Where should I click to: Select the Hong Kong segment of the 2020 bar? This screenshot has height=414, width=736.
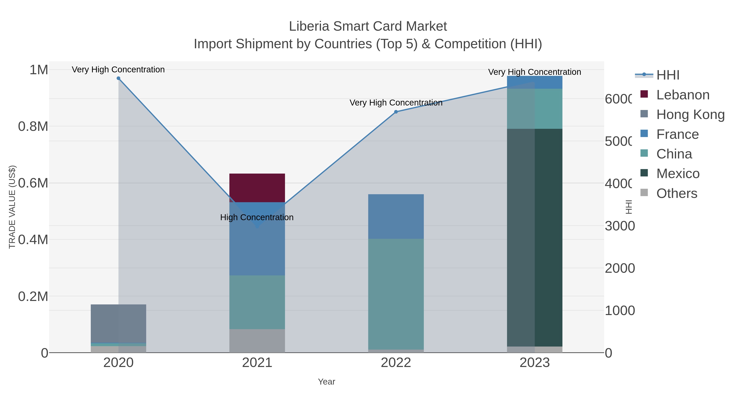(x=118, y=323)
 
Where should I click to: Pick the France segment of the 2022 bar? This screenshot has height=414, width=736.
(x=396, y=216)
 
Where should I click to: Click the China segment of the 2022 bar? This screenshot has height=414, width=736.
(x=396, y=294)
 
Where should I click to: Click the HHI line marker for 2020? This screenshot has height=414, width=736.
(x=118, y=78)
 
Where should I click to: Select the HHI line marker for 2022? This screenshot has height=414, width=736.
(x=396, y=112)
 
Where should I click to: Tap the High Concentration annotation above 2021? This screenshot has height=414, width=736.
(x=257, y=218)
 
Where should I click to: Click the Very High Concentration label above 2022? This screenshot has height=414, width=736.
(x=396, y=103)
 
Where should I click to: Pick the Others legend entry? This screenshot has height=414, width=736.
(x=676, y=193)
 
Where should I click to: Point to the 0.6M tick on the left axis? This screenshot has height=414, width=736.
(x=33, y=183)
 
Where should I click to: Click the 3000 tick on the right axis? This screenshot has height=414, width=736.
(x=619, y=226)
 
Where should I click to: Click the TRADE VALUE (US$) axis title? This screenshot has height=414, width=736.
(x=12, y=207)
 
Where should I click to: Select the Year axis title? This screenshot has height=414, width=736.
(x=326, y=382)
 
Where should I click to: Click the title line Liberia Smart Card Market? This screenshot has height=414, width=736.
(x=368, y=26)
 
